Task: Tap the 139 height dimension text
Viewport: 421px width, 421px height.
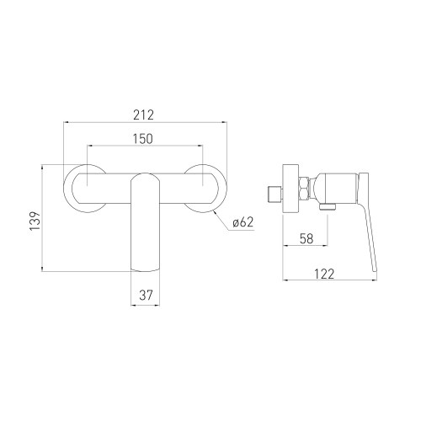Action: [33, 217]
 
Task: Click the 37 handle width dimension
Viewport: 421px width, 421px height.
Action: [147, 295]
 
